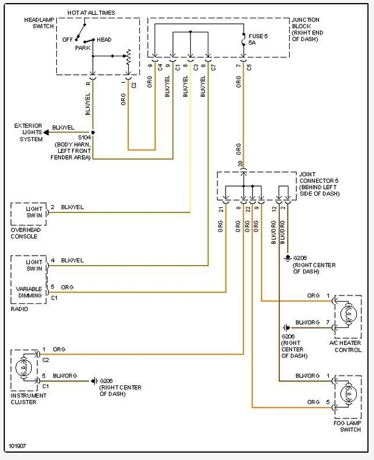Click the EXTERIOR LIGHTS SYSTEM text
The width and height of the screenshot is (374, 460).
pos(29,133)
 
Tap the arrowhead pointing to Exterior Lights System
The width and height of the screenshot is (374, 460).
pos(48,132)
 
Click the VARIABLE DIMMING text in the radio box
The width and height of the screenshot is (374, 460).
pos(30,291)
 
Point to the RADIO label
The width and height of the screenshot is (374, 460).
pos(19,310)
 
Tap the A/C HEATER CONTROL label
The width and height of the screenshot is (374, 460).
pos(345,347)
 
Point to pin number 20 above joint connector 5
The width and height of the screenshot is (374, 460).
pos(240,163)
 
